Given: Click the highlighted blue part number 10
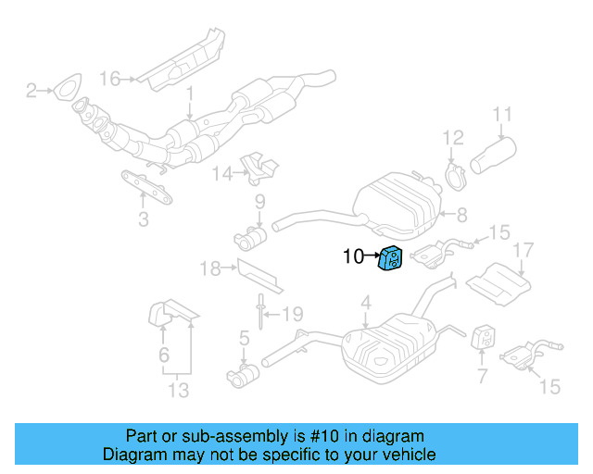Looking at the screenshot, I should pyautogui.click(x=390, y=258).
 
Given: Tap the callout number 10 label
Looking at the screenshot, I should pyautogui.click(x=353, y=257).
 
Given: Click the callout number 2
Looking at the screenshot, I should pyautogui.click(x=31, y=90).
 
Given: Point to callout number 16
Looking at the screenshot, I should pyautogui.click(x=110, y=79).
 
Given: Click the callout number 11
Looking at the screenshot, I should pyautogui.click(x=501, y=116).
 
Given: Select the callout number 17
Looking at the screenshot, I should pyautogui.click(x=524, y=250).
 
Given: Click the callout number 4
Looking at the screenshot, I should pyautogui.click(x=366, y=302).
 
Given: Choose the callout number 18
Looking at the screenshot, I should pyautogui.click(x=210, y=268).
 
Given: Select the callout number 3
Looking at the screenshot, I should pyautogui.click(x=143, y=219).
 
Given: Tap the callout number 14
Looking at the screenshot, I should pyautogui.click(x=220, y=172).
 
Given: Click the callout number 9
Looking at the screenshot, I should pyautogui.click(x=260, y=201).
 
